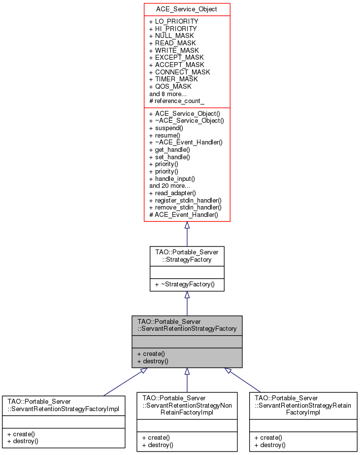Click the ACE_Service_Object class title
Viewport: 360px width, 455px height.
coord(187,9)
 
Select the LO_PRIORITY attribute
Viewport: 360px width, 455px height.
coord(173,22)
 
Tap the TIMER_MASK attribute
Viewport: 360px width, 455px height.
coord(173,79)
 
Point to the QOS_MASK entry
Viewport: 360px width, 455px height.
coord(170,86)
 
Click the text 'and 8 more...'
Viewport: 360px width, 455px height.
coord(167,93)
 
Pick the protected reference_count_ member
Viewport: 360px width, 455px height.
coord(177,101)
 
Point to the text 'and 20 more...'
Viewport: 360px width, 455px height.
coord(169,186)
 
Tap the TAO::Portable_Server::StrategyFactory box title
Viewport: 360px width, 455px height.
coord(187,254)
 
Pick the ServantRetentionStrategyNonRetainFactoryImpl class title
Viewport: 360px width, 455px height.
coord(187,405)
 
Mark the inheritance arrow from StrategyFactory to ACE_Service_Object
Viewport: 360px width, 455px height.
coord(187,234)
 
